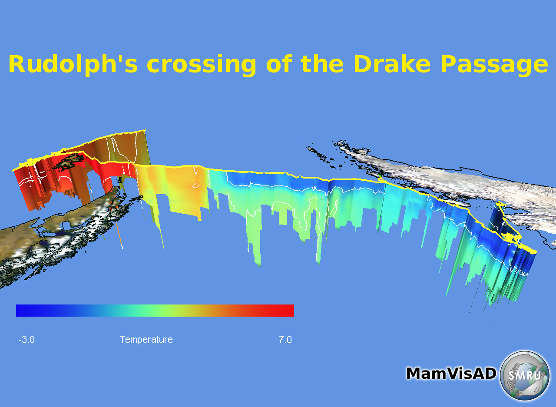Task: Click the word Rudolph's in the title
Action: pyautogui.click(x=73, y=65)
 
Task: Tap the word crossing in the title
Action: pyautogui.click(x=201, y=66)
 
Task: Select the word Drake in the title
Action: pyautogui.click(x=392, y=63)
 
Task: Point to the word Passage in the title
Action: pyautogui.click(x=494, y=66)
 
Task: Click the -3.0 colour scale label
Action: pyautogui.click(x=26, y=339)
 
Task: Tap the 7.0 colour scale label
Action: pyautogui.click(x=285, y=339)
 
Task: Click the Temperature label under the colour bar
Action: pyautogui.click(x=146, y=340)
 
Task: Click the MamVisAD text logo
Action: pyautogui.click(x=451, y=373)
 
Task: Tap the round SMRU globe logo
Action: pyautogui.click(x=524, y=375)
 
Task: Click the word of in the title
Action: pyautogui.click(x=279, y=63)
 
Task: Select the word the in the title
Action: pyautogui.click(x=322, y=63)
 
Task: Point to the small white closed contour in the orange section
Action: pyautogui.click(x=196, y=185)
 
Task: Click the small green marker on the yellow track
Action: pyautogui.click(x=380, y=176)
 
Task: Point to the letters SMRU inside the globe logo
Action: pyautogui.click(x=524, y=375)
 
